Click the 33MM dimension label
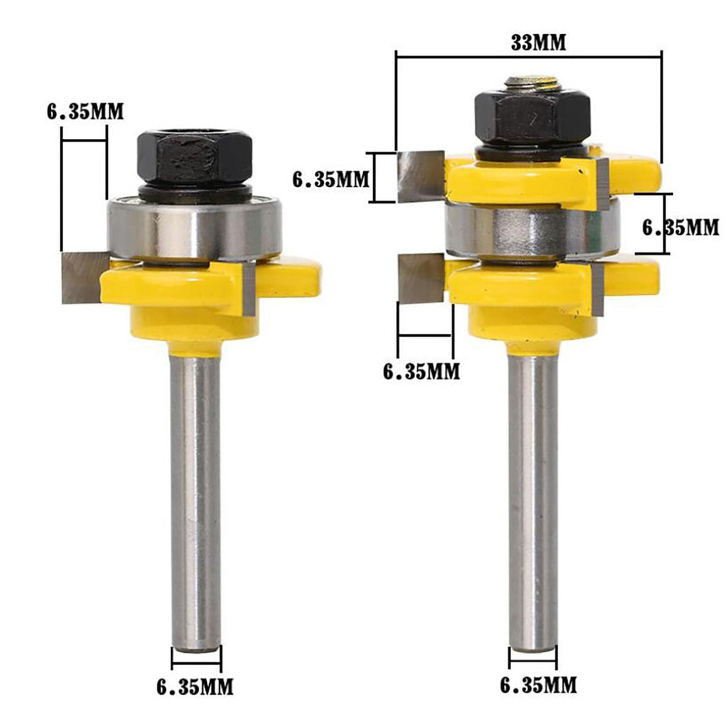click(x=539, y=43)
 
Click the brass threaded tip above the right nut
click(x=532, y=83)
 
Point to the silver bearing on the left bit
click(x=194, y=229)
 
